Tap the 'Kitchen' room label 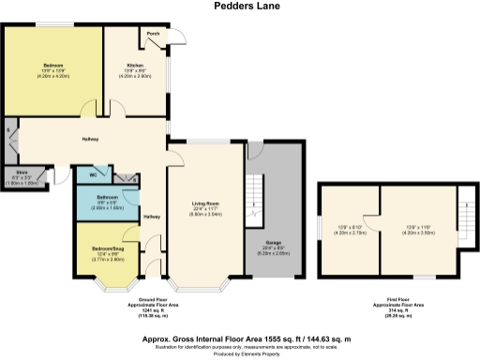click(133, 65)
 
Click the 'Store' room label click(21, 172)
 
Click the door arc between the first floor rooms click(373, 217)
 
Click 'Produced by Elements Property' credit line click(240, 353)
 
